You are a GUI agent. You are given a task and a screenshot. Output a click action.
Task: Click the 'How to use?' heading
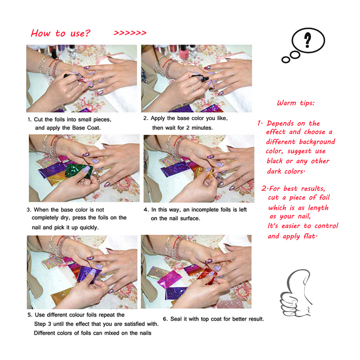[x=60, y=33]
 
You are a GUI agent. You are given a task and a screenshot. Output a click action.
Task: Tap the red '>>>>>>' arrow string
[x=130, y=33]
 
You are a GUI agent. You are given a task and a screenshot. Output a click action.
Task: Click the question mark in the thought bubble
[x=307, y=40]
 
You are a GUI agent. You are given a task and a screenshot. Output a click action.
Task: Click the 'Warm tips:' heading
[x=296, y=103]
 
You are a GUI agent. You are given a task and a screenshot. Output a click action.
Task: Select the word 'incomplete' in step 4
[x=194, y=210]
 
